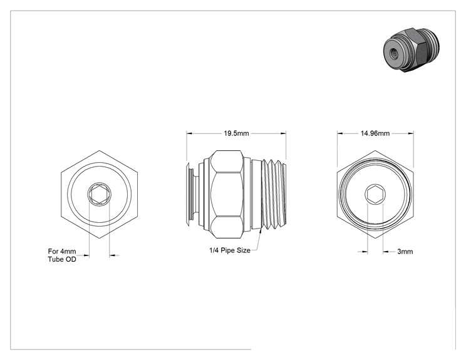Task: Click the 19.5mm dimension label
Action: click(x=236, y=133)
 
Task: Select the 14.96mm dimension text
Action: click(x=375, y=133)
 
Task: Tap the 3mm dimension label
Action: click(x=405, y=252)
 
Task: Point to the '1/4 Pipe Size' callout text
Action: click(x=230, y=250)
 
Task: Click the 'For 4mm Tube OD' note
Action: click(x=62, y=255)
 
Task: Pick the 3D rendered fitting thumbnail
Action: click(x=412, y=50)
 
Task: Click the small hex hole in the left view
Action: click(x=99, y=194)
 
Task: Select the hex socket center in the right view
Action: click(x=375, y=194)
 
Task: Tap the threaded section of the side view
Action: click(x=274, y=195)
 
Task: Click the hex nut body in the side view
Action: click(x=228, y=194)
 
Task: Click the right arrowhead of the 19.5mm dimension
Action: click(x=283, y=133)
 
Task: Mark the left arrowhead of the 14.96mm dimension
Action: click(x=340, y=133)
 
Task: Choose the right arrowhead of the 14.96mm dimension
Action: click(x=410, y=133)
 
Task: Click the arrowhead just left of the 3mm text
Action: click(x=386, y=252)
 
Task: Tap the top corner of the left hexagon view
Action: click(x=99, y=151)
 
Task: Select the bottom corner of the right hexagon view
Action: click(x=375, y=238)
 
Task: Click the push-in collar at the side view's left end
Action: click(x=190, y=195)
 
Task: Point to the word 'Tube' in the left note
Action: click(x=55, y=259)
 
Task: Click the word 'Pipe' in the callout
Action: click(x=227, y=250)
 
